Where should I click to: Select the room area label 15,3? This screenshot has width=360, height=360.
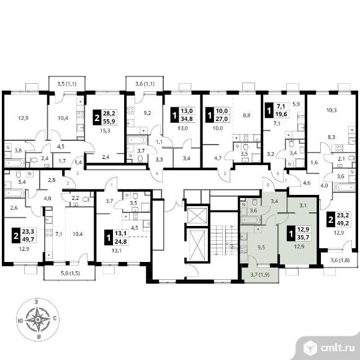point(106,131)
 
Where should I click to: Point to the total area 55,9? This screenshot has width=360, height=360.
point(109,121)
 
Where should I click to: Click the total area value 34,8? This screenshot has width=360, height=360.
point(187,119)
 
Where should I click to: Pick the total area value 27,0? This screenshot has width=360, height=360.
point(222,119)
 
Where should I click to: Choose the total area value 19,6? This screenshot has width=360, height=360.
point(280,114)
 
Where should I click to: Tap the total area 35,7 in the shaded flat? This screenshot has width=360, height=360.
point(304,237)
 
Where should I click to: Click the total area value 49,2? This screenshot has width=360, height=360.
point(343,222)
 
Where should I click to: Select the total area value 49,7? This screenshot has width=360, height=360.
point(28,239)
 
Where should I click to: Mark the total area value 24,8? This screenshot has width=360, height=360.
point(121,241)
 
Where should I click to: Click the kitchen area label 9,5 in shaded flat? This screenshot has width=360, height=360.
point(261,247)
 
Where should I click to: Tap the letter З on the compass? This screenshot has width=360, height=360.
point(36,302)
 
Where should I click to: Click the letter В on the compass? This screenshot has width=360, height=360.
point(39,337)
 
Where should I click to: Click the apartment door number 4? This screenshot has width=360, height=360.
point(157,174)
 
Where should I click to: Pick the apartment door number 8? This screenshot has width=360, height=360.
point(268,185)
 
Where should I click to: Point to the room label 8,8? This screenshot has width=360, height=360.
point(246,115)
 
